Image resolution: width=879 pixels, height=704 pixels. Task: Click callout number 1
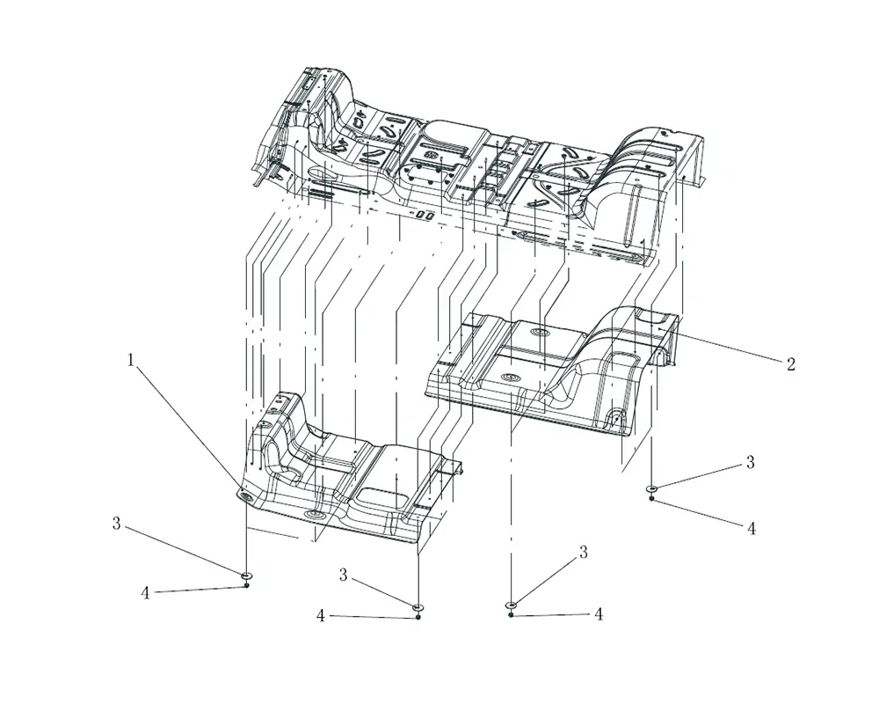[x=131, y=360]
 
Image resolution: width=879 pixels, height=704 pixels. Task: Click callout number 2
[x=790, y=364]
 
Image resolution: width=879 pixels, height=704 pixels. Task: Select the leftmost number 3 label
[x=116, y=524]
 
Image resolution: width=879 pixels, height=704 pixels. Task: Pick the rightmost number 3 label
[x=750, y=462]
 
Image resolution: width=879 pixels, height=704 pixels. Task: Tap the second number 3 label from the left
[x=343, y=575]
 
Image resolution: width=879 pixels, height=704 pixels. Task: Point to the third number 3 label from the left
[x=583, y=552]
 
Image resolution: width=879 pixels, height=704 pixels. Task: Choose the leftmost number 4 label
[x=145, y=593]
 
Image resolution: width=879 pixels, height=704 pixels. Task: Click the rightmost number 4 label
[x=752, y=528]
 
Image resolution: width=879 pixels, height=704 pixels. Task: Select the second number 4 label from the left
[x=321, y=616]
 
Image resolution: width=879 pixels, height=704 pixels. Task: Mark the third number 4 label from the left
[x=598, y=614]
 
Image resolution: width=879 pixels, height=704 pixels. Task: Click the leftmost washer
[x=246, y=576]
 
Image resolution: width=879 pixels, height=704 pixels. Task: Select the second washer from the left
[x=418, y=607]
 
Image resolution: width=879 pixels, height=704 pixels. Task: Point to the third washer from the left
[x=512, y=605]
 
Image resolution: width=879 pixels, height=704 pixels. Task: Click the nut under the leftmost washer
[x=247, y=585]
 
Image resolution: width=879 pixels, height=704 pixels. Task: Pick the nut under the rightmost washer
[x=651, y=498]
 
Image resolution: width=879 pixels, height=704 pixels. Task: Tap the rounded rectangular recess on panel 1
[x=381, y=497]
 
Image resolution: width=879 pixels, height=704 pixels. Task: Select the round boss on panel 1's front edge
[x=314, y=515]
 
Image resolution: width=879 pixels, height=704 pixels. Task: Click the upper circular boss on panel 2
[x=540, y=334]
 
